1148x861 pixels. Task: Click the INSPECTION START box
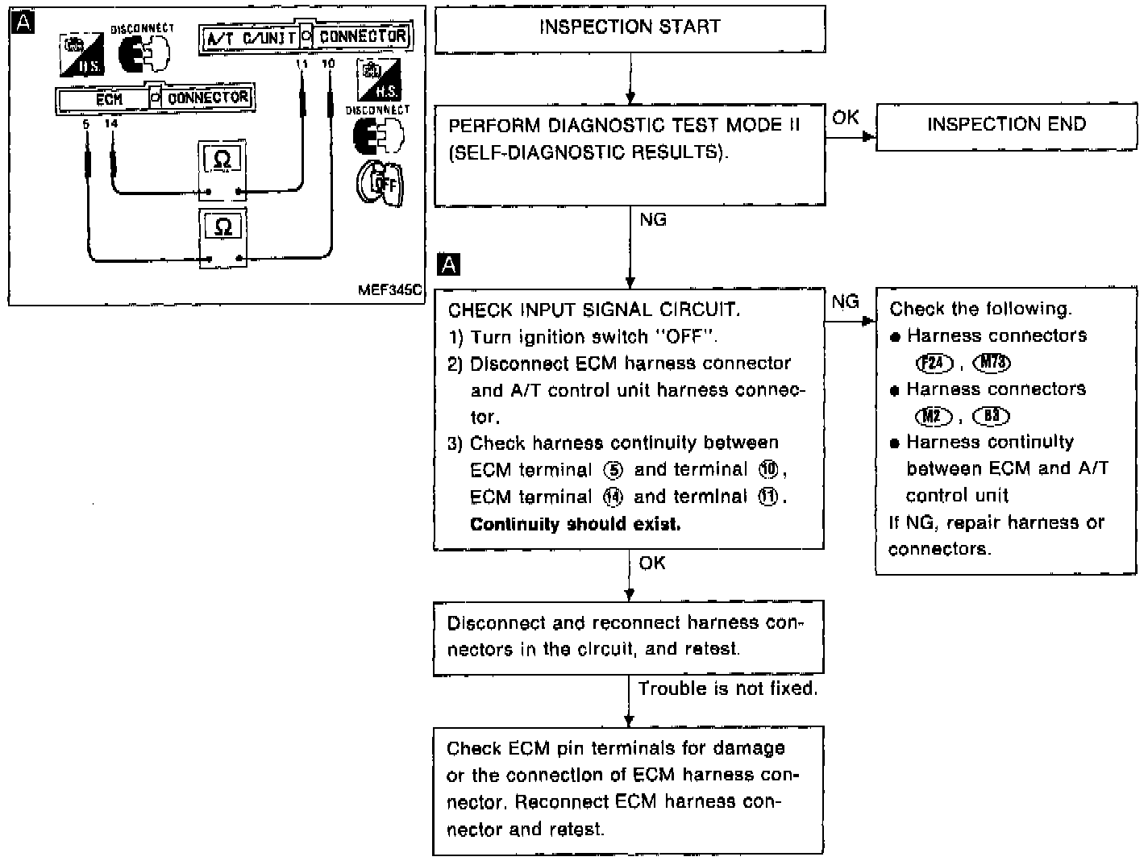(630, 28)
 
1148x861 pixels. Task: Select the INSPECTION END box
(1006, 125)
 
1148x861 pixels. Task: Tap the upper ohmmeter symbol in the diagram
(223, 160)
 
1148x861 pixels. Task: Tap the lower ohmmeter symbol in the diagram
(223, 227)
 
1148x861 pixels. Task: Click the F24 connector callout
(934, 364)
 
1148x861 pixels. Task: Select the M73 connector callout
(992, 364)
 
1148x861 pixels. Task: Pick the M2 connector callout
(934, 417)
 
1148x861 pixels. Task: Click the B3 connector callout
(991, 417)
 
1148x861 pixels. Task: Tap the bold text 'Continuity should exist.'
(575, 525)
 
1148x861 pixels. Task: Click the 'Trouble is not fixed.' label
(727, 689)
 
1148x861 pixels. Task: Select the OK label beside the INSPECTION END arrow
(845, 118)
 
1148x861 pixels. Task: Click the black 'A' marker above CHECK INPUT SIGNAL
(448, 264)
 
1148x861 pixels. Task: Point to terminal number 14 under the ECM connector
(111, 123)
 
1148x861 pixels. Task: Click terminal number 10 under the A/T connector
(328, 63)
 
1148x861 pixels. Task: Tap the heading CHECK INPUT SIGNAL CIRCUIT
(593, 310)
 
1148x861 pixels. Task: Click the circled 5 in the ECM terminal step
(613, 471)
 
